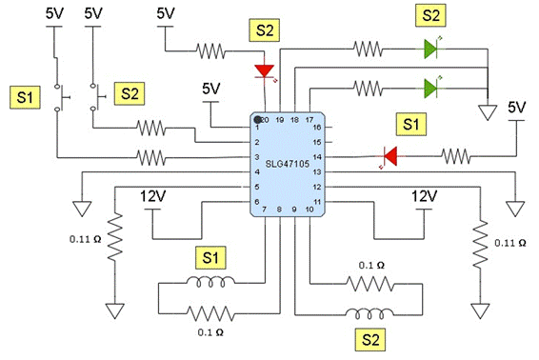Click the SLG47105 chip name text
pos(287,164)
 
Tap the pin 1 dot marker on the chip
pos(257,120)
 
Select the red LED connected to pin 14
pos(389,156)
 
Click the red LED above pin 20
pos(265,72)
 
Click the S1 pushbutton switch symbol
pos(60,97)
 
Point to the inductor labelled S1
pos(210,282)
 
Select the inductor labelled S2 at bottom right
pos(369,313)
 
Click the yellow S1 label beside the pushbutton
pos(25,97)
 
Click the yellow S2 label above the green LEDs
pos(430,15)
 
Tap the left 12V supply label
pos(153,196)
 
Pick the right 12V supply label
pos(425,196)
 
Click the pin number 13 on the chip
pos(317,172)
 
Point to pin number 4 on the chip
pos(257,172)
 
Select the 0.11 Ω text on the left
pos(86,239)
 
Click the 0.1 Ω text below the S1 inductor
pos(210,332)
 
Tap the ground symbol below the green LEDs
pos(488,112)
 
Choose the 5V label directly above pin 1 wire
pos(210,90)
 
